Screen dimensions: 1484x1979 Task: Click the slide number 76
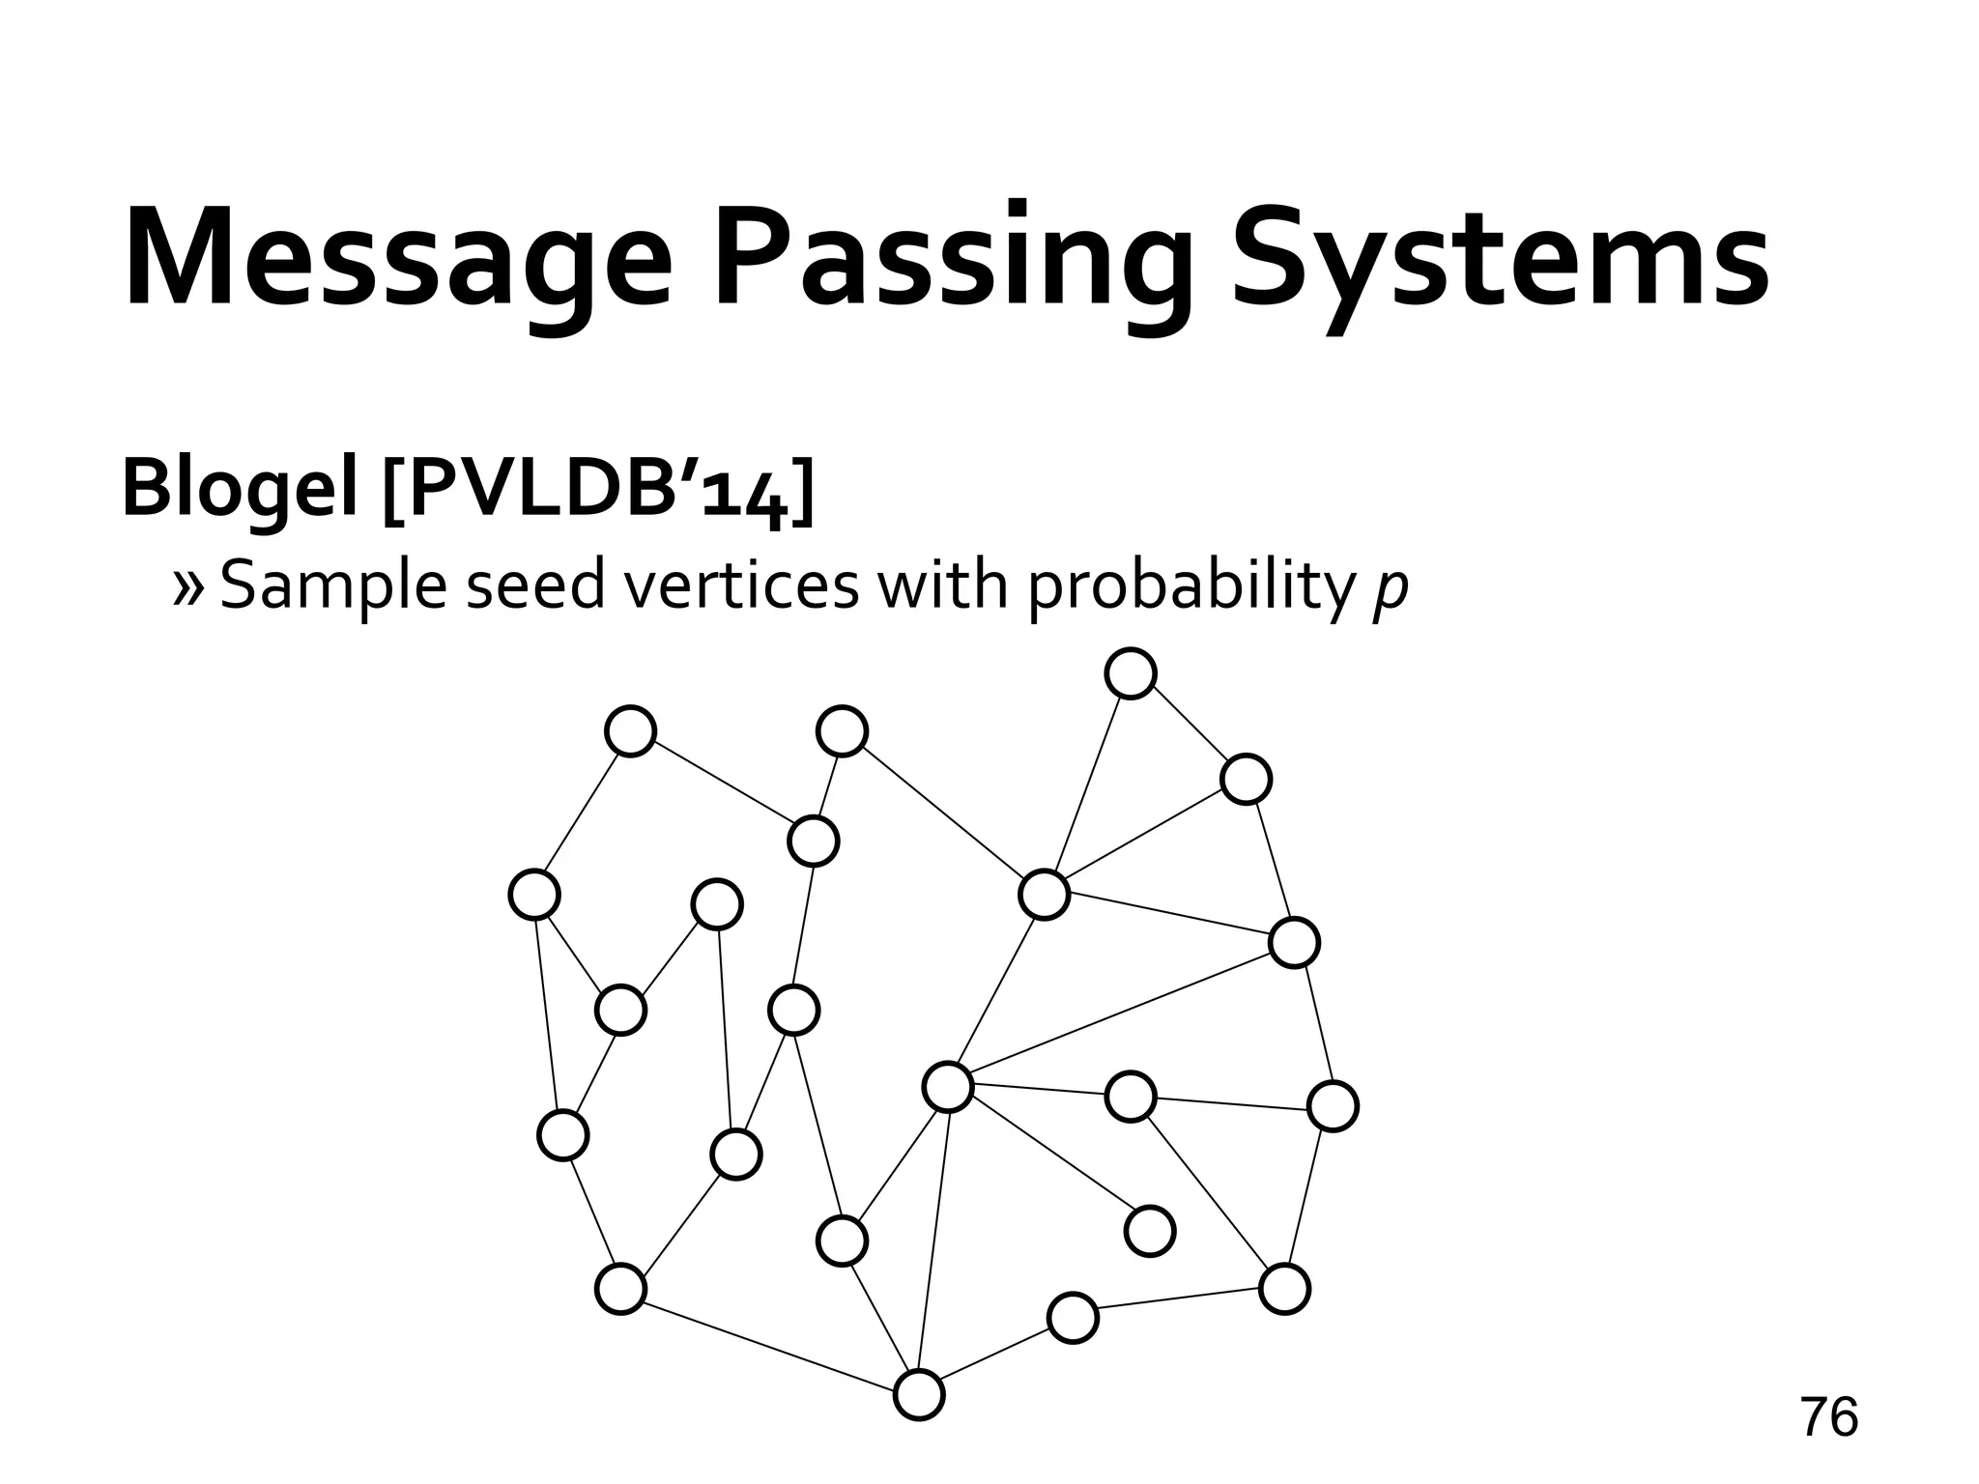pos(1828,1417)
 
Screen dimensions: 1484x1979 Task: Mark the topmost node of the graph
pos(1131,673)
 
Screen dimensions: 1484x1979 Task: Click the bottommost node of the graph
pos(918,1394)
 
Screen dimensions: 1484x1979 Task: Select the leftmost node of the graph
pos(534,895)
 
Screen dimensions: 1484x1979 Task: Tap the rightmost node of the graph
pos(1333,1106)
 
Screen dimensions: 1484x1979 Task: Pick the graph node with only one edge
pos(1150,1231)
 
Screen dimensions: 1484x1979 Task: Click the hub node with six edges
pos(948,1087)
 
